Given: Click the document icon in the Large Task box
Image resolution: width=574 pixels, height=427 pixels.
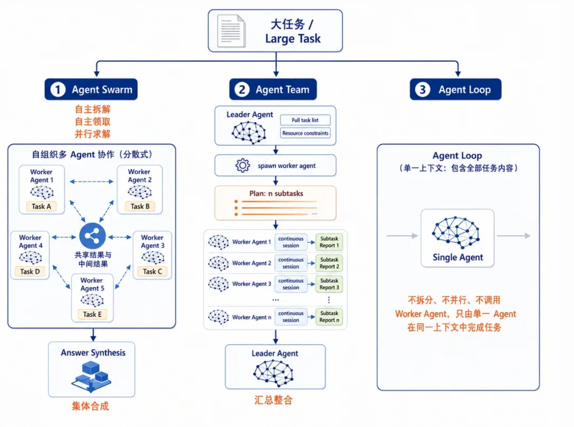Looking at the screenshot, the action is [x=231, y=31].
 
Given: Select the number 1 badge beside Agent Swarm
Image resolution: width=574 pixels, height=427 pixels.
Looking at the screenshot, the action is [x=58, y=90].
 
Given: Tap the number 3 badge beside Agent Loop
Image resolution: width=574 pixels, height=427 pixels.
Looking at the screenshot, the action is [x=423, y=90].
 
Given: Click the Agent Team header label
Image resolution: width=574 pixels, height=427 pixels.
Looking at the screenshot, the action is [x=282, y=90].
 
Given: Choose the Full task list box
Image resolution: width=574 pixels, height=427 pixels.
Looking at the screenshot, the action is [x=305, y=120].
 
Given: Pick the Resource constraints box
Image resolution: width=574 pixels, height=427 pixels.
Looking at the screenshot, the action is [x=305, y=133].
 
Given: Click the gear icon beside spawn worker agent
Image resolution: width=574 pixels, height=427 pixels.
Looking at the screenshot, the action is [x=242, y=165].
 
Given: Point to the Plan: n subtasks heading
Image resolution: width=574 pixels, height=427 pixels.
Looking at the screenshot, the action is [x=276, y=194].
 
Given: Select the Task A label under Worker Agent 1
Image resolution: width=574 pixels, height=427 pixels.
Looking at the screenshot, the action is [x=41, y=206].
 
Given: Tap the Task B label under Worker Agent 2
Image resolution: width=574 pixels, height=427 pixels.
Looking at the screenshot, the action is [x=140, y=206].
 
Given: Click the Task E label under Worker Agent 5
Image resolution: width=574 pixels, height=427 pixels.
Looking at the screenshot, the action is [x=92, y=314].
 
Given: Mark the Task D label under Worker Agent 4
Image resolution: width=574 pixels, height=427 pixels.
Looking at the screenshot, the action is [x=30, y=271].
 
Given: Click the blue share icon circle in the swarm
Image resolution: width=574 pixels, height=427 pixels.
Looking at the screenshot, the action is [x=92, y=236].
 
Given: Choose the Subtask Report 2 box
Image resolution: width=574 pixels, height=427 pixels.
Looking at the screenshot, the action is [x=329, y=263].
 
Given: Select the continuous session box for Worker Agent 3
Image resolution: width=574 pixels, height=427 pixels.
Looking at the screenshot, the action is [x=291, y=284].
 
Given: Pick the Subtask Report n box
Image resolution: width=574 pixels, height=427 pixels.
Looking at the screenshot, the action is [x=329, y=316].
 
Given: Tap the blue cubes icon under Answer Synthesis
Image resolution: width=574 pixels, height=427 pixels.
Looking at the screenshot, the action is [x=91, y=376].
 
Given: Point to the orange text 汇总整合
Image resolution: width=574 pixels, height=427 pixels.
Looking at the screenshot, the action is [x=274, y=400].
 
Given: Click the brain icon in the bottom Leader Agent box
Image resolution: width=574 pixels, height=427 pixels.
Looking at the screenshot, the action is [x=273, y=373].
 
